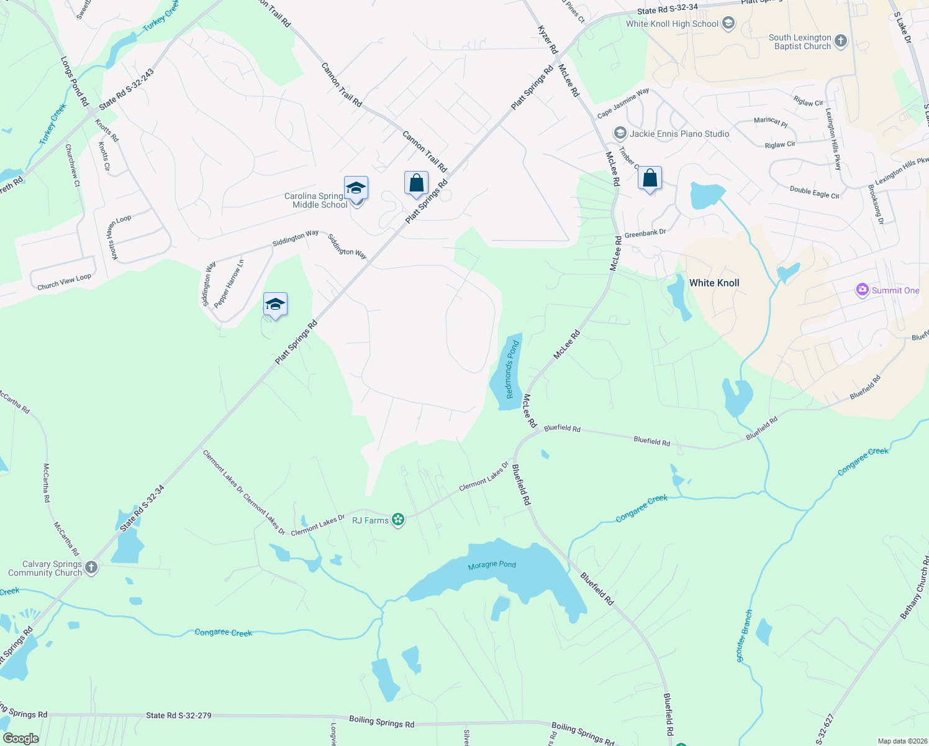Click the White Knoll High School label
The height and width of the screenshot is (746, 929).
pyautogui.click(x=672, y=24)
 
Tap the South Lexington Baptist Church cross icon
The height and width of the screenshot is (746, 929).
pyautogui.click(x=840, y=42)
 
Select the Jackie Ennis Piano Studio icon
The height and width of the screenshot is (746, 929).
pyautogui.click(x=620, y=134)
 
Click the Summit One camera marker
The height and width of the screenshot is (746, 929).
pyautogui.click(x=862, y=290)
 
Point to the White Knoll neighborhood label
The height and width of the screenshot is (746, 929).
pyautogui.click(x=714, y=283)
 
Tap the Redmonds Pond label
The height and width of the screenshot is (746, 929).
pyautogui.click(x=512, y=370)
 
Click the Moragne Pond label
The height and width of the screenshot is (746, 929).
pyautogui.click(x=492, y=564)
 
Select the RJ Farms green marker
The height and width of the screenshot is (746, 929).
pyautogui.click(x=398, y=520)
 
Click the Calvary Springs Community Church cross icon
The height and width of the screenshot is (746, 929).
pyautogui.click(x=91, y=568)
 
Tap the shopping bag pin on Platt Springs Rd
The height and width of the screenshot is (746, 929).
pyautogui.click(x=416, y=183)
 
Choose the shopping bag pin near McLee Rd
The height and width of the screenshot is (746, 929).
pyautogui.click(x=650, y=179)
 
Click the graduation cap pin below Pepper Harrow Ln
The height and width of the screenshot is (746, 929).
pyautogui.click(x=275, y=305)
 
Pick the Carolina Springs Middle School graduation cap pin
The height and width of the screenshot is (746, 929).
pyautogui.click(x=356, y=188)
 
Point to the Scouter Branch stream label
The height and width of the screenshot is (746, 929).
pyautogui.click(x=745, y=636)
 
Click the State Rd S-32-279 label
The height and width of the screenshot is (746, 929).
pyautogui.click(x=178, y=716)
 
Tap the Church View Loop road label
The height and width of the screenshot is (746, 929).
pyautogui.click(x=64, y=282)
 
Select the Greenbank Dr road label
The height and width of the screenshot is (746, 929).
pyautogui.click(x=645, y=234)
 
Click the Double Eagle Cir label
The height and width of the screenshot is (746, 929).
pyautogui.click(x=814, y=192)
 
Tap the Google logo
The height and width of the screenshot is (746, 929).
pyautogui.click(x=21, y=738)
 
